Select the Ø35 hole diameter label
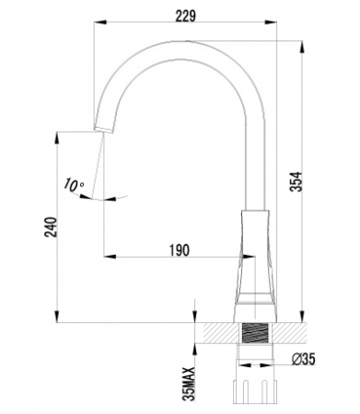[x=303, y=359]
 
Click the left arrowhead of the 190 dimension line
[x=104, y=255]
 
